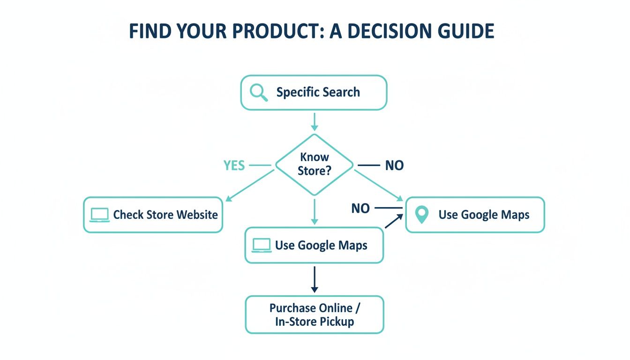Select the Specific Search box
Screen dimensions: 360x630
coord(314,93)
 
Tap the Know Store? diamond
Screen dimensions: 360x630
coord(314,164)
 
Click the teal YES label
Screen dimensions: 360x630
coord(234,165)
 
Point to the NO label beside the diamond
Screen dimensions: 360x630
coord(394,165)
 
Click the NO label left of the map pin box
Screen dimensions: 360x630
coord(360,208)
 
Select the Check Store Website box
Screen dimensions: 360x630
coord(153,215)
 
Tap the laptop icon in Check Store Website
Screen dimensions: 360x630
coord(99,215)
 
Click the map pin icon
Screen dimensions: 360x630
coord(422,215)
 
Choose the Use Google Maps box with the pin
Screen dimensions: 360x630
coord(475,215)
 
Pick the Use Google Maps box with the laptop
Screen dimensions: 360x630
coord(314,245)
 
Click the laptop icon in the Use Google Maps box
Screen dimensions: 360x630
coord(262,245)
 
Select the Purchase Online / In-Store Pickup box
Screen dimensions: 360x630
coord(314,315)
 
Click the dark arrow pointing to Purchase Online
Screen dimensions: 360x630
coord(314,280)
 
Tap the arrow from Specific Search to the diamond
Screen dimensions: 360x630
coord(314,122)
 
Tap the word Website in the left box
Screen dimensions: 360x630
coord(196,215)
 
